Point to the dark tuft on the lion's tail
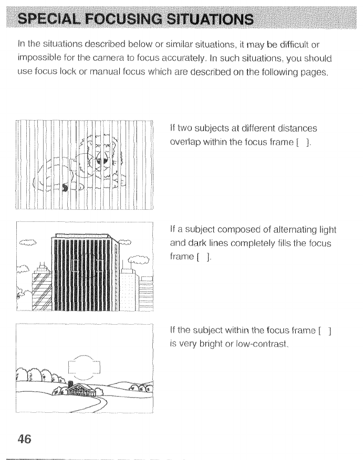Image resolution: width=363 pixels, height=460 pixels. click(x=65, y=187)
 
